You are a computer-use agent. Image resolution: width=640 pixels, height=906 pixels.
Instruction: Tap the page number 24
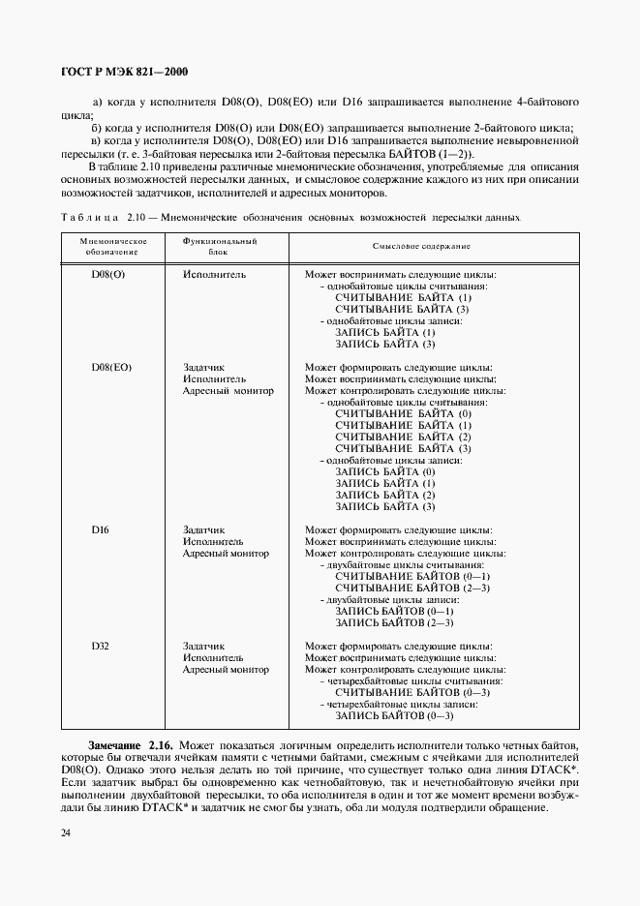(66, 832)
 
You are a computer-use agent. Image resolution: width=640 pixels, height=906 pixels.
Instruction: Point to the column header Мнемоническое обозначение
(112, 245)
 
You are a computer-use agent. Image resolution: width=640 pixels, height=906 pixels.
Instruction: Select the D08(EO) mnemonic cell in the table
(111, 368)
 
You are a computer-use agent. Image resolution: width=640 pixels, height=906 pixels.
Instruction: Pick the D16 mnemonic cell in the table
(102, 530)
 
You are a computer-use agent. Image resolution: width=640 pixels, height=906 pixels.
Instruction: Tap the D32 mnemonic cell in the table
(102, 647)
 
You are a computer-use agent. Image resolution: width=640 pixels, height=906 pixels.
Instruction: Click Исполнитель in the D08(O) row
(214, 274)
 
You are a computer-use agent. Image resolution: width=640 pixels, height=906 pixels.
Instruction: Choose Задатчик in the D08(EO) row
(203, 368)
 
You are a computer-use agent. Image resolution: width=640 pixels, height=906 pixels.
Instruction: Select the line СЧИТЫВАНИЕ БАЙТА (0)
(403, 414)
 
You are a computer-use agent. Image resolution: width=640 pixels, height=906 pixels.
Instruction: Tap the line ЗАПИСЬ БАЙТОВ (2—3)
(394, 623)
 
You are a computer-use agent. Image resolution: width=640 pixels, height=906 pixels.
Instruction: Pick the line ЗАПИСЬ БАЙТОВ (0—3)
(394, 716)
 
